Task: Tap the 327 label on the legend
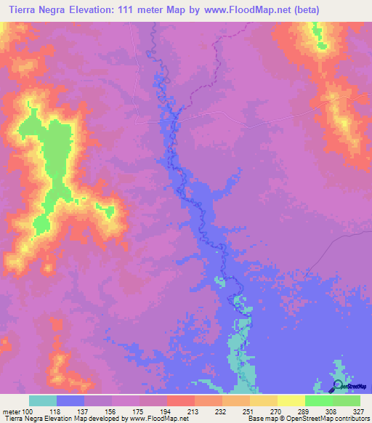360,411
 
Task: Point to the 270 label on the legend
278,411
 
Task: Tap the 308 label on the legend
333,411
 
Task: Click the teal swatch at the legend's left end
43,400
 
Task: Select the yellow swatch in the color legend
291,400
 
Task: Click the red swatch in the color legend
181,400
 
